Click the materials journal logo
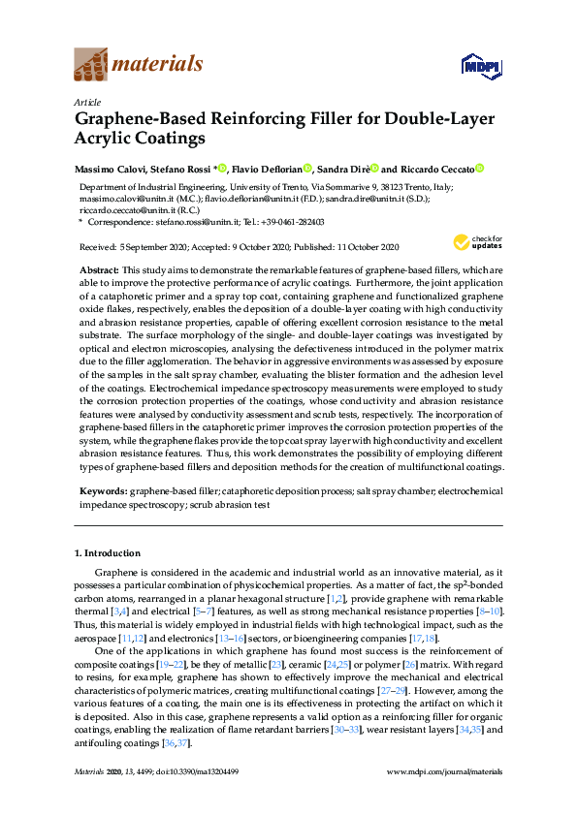click(x=139, y=65)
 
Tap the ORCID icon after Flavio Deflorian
click(x=307, y=169)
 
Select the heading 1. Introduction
click(x=108, y=553)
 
